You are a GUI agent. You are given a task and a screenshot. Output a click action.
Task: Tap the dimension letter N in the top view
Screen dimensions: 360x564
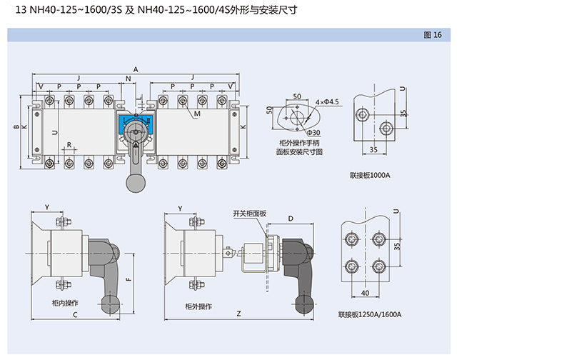tap(127, 78)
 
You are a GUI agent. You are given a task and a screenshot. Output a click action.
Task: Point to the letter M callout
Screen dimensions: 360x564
tap(197, 114)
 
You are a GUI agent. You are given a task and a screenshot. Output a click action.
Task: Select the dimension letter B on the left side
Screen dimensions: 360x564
tap(16, 127)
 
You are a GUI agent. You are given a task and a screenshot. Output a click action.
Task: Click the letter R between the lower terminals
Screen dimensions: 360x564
tap(69, 145)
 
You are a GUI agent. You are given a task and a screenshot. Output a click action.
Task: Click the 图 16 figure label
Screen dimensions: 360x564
tap(433, 35)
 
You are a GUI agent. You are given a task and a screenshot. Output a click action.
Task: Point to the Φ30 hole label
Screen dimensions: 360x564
tap(313, 133)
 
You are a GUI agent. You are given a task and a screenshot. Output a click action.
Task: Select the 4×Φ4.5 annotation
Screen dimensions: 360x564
tap(326, 103)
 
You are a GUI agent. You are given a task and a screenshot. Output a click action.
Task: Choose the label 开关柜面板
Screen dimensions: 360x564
tap(249, 214)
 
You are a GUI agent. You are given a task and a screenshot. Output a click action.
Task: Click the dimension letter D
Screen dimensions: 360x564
tap(291, 217)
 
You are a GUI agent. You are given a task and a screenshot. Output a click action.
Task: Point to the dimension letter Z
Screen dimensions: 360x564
tap(238, 314)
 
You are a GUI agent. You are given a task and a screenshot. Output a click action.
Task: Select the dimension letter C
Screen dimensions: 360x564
tap(75, 314)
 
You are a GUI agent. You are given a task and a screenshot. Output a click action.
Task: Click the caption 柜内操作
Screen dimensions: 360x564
tap(66, 304)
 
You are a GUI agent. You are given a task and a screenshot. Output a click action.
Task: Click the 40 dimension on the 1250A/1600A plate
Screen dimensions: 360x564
tap(365, 292)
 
